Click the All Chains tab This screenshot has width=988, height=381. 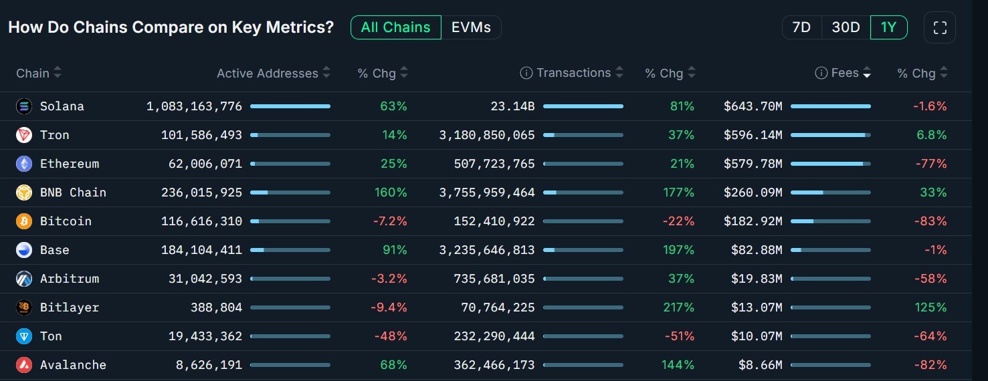tap(395, 27)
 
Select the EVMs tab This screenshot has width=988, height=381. tap(471, 27)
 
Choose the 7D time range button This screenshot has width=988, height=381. tap(801, 27)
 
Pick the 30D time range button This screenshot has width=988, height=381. tap(846, 27)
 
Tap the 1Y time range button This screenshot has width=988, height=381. tap(888, 27)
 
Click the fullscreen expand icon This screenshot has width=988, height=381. tap(940, 27)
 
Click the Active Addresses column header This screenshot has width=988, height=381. tap(268, 74)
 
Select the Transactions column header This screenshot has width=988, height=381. tap(573, 73)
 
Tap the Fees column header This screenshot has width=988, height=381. tap(844, 73)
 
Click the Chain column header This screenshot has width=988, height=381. tap(33, 73)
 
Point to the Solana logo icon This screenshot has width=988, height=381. tap(24, 106)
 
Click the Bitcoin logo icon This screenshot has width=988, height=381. tap(24, 221)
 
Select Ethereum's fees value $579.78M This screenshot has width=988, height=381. tap(753, 164)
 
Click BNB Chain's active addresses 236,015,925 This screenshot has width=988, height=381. tap(201, 193)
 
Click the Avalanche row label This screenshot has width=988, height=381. tap(73, 365)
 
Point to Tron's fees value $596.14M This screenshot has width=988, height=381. tap(753, 135)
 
